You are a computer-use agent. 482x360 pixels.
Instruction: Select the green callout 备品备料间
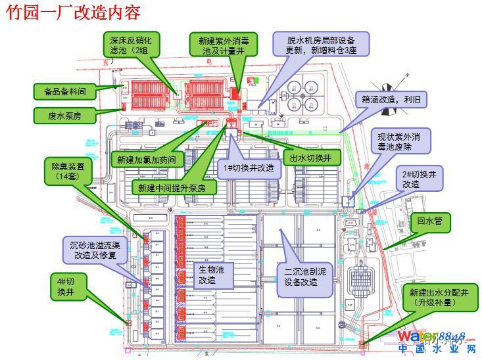(x=64, y=91)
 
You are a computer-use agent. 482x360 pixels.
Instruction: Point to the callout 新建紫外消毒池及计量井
(x=224, y=45)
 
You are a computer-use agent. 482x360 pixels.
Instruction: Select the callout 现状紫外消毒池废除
(x=403, y=143)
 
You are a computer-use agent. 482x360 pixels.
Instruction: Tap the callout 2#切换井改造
(x=419, y=178)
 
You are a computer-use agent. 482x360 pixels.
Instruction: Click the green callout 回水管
(x=431, y=223)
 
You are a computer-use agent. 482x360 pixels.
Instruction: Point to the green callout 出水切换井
(x=315, y=158)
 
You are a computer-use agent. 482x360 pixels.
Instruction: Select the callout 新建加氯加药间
(x=146, y=159)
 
